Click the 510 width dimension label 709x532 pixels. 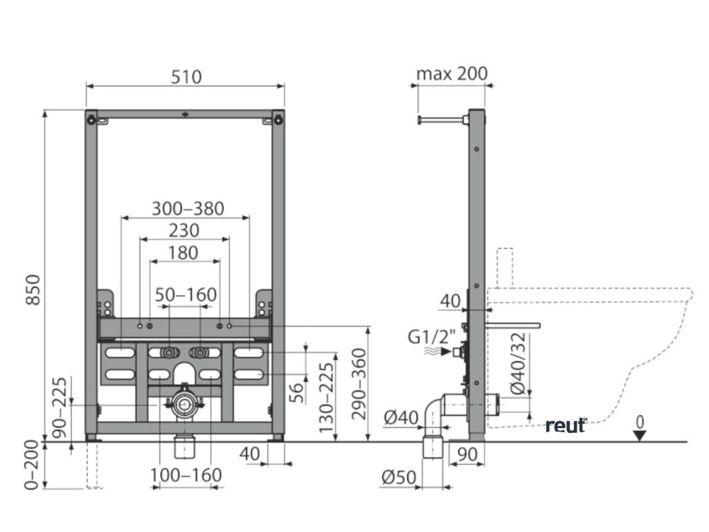pyautogui.click(x=186, y=76)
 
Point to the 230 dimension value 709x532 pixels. pyautogui.click(x=184, y=230)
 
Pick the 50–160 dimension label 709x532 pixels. pyautogui.click(x=185, y=294)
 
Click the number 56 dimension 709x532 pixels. pyautogui.click(x=296, y=392)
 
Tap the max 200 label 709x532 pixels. pyautogui.click(x=452, y=73)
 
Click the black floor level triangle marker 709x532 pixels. pyautogui.click(x=640, y=435)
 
